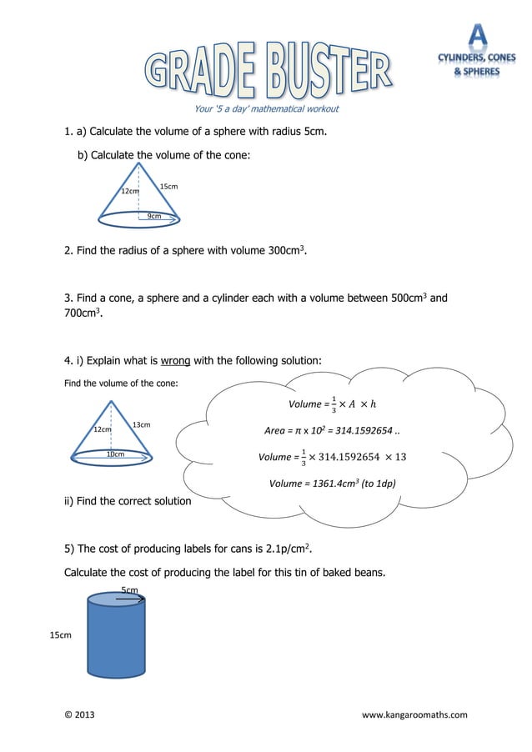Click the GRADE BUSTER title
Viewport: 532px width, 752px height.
[x=268, y=72]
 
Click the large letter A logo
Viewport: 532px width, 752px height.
[x=477, y=34]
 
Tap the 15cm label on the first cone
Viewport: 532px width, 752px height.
[x=168, y=186]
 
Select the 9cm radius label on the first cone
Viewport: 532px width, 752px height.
[x=154, y=216]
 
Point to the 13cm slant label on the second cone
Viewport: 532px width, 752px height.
[x=141, y=424]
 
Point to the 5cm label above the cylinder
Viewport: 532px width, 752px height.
[x=129, y=589]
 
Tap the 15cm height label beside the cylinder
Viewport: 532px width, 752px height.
[x=60, y=635]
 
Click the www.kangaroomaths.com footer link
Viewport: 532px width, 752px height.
[x=414, y=714]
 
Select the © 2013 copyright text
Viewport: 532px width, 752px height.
[x=79, y=714]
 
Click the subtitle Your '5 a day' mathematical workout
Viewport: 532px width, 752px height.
[x=266, y=108]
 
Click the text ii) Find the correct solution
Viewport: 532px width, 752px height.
[x=128, y=501]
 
